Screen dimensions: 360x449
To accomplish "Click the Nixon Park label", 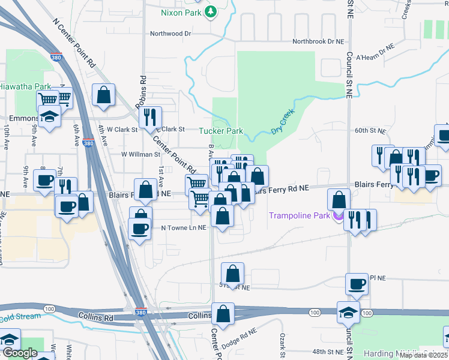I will [182, 12].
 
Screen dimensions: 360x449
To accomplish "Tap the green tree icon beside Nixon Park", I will [210, 11].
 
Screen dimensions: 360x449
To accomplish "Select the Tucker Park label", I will [221, 131].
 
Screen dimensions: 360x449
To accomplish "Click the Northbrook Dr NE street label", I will [319, 42].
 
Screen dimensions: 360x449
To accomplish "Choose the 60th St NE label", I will [369, 130].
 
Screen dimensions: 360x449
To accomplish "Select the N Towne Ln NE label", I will [183, 228].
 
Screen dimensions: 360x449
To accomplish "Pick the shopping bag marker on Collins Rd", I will [223, 313].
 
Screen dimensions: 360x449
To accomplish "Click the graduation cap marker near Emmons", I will [49, 115].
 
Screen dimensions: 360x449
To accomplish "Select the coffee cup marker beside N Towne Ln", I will [140, 228].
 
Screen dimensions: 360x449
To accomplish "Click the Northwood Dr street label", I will [170, 34].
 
